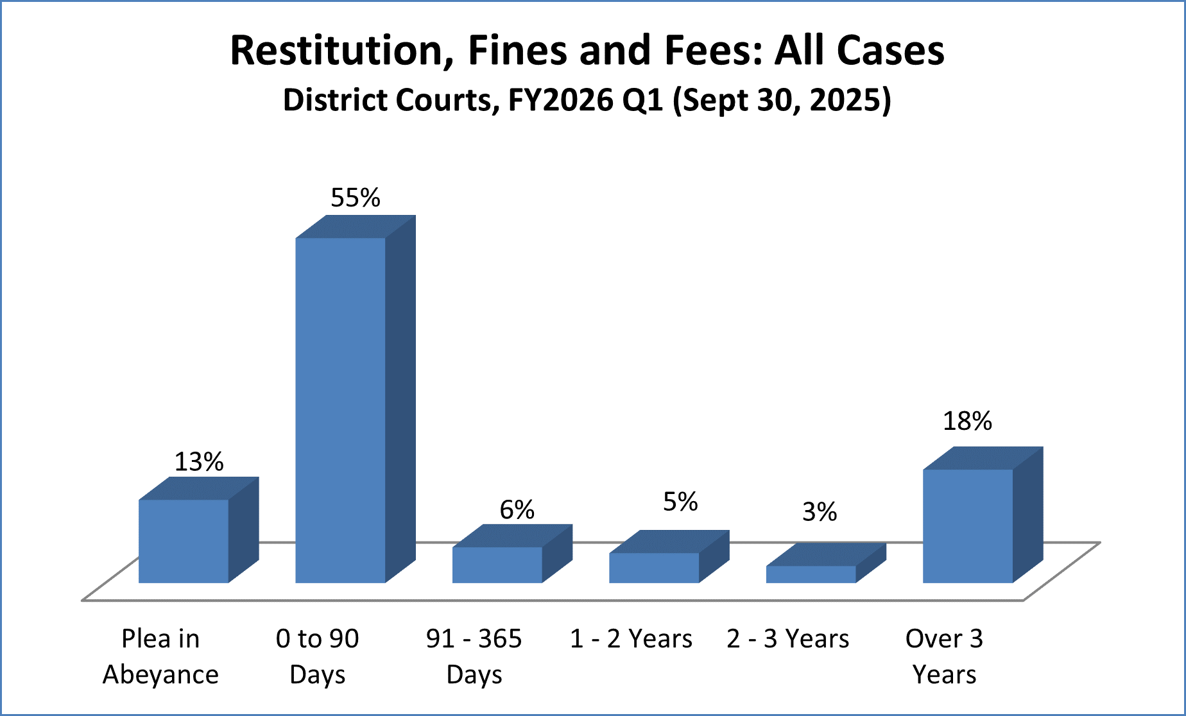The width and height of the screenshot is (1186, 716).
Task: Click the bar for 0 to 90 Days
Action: (340, 411)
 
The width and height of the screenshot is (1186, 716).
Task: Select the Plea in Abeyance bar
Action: (184, 541)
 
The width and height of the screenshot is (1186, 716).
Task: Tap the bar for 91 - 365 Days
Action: (497, 565)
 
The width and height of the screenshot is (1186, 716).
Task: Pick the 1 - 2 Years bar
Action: (654, 568)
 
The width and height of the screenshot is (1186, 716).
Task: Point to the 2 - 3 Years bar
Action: (811, 574)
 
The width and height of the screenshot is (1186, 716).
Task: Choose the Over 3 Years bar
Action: (968, 526)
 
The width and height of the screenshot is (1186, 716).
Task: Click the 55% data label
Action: (355, 198)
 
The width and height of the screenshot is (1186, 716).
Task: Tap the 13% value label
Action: (199, 462)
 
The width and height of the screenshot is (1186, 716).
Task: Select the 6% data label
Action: (517, 510)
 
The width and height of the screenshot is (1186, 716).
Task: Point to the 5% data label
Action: (680, 502)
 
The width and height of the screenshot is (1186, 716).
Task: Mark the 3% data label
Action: (820, 512)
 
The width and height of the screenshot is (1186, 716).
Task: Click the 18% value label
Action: (967, 422)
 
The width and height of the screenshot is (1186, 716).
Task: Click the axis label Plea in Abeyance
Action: (160, 656)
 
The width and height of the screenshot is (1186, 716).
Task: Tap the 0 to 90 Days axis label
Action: (317, 656)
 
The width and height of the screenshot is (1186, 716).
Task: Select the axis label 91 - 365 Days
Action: (474, 656)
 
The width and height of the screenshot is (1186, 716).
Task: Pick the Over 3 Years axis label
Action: (944, 656)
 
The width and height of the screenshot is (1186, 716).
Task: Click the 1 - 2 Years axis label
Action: (631, 639)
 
